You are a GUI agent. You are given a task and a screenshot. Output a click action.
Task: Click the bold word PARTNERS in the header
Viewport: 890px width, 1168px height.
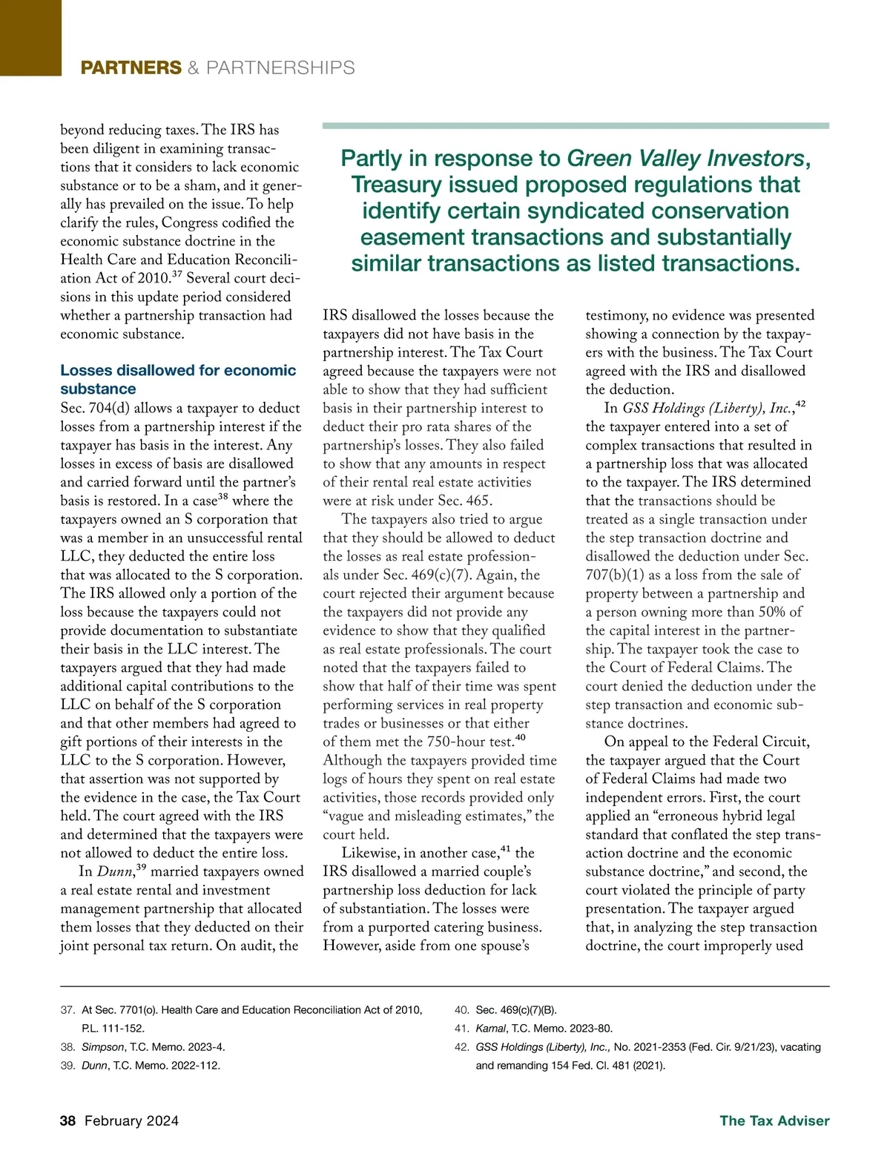click(131, 68)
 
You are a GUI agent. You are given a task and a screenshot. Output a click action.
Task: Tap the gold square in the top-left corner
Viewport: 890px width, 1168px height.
click(30, 37)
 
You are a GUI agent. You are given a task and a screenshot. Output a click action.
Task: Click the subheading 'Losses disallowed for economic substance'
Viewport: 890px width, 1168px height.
click(178, 379)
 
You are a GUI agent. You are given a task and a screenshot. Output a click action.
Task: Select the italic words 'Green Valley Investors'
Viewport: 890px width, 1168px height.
click(685, 159)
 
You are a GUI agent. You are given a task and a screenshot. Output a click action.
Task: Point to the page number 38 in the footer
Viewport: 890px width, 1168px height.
click(68, 1121)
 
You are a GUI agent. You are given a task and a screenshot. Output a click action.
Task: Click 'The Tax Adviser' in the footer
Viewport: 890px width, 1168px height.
click(774, 1121)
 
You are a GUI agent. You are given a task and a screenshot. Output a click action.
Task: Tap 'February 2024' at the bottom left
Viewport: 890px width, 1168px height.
click(131, 1121)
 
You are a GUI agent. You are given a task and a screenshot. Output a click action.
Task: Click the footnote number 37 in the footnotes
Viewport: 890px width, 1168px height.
click(67, 1010)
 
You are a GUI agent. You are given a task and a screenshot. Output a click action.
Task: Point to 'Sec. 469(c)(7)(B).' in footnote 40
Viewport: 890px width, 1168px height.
click(516, 1010)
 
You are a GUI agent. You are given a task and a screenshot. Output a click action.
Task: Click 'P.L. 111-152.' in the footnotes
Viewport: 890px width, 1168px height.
click(113, 1029)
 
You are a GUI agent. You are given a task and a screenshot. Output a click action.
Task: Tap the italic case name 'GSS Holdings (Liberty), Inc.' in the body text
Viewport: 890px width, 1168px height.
click(707, 409)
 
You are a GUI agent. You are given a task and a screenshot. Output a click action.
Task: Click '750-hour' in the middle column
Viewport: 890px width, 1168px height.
click(456, 742)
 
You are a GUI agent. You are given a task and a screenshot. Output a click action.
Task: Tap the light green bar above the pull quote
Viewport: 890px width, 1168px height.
click(576, 126)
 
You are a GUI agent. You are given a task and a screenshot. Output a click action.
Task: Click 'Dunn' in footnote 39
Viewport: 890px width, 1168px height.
click(94, 1066)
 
